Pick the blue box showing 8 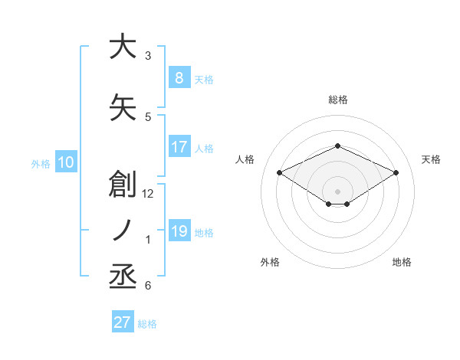click(x=179, y=77)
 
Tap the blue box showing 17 click(x=179, y=147)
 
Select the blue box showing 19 click(x=179, y=231)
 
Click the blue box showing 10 click(x=65, y=162)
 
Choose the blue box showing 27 click(x=123, y=322)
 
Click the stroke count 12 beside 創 click(x=149, y=193)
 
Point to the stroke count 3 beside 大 click(x=148, y=56)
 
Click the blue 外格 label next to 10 click(x=41, y=163)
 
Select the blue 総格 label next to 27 click(x=147, y=324)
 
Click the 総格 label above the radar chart click(x=337, y=100)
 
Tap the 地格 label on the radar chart click(x=402, y=262)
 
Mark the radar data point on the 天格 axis click(x=396, y=173)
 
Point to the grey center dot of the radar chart click(x=337, y=190)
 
